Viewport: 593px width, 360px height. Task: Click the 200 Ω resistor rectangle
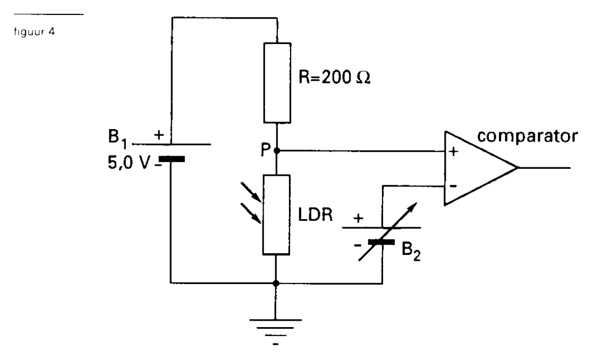point(277,83)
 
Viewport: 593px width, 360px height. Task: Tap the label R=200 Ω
point(335,78)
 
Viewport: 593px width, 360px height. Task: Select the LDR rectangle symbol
point(276,215)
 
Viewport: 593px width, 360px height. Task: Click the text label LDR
point(316,215)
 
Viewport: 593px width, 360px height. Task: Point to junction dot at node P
point(277,151)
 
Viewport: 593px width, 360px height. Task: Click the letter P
point(266,150)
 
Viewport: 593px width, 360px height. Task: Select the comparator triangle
point(481,168)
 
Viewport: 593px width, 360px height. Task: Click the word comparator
point(528,136)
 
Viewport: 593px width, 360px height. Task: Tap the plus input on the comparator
point(453,151)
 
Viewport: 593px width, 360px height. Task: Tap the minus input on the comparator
point(453,186)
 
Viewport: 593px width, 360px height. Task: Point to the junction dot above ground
point(276,283)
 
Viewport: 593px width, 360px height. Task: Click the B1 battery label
point(117,138)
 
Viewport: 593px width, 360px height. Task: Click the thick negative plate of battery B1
point(171,159)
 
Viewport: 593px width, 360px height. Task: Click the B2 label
point(411,251)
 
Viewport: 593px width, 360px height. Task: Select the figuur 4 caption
point(35,32)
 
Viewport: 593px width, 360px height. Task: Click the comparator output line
point(544,168)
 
